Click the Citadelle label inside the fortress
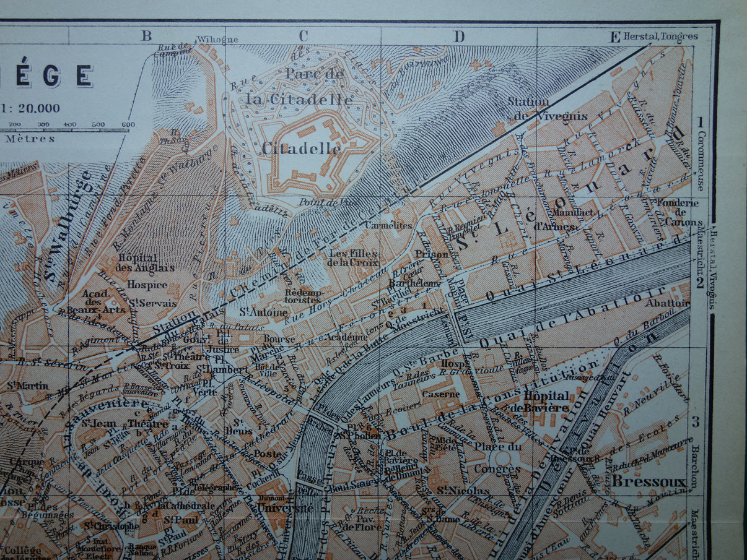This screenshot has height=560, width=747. coord(301,149)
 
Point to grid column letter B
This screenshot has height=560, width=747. coord(146,35)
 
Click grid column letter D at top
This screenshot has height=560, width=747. coord(458,37)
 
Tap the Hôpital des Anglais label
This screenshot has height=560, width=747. coord(137,262)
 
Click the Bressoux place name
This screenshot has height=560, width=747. coord(649,482)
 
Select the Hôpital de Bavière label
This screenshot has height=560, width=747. coord(546,402)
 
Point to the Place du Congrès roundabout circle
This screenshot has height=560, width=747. coord(502,459)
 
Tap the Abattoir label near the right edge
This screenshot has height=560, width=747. coord(666,303)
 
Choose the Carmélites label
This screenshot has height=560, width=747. coord(388,225)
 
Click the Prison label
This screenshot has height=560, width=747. coord(431,253)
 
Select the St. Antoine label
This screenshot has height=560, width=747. coord(255,312)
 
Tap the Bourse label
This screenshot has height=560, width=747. coord(274,339)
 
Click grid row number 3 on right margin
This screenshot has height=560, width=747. coord(696,422)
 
